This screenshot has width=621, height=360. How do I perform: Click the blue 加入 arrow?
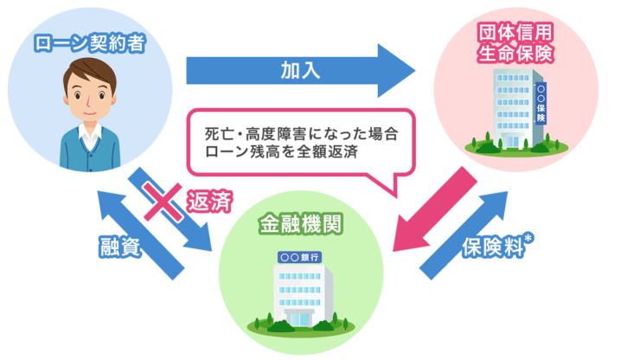[x=298, y=71]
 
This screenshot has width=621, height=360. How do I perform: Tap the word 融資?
[x=120, y=245]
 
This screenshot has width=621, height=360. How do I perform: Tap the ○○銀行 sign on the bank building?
[x=301, y=257]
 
